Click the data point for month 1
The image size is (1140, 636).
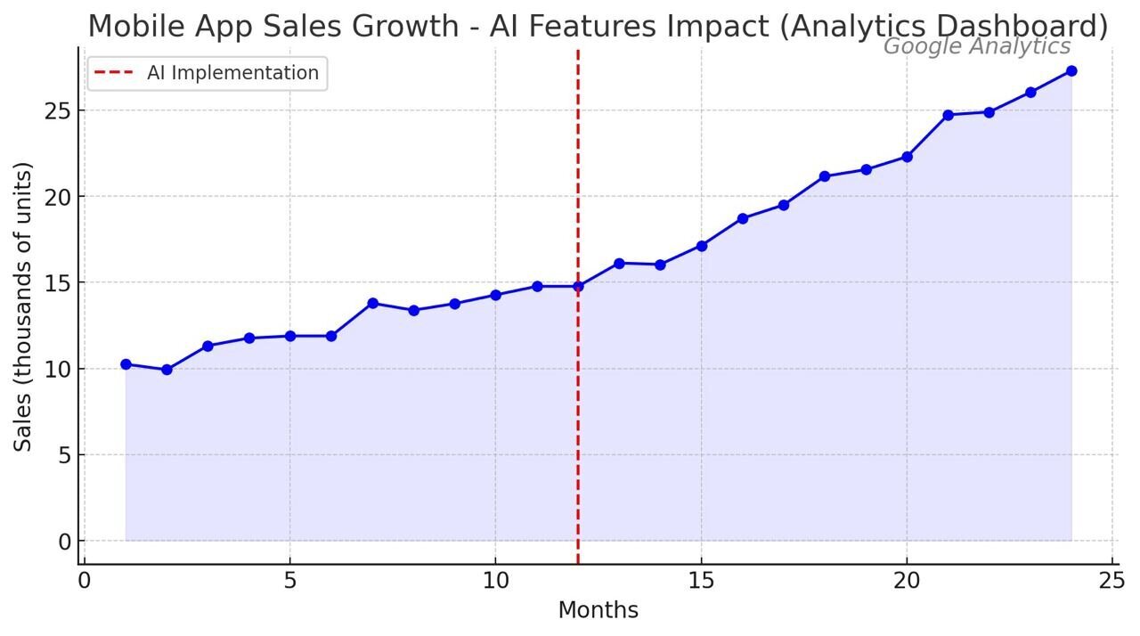click(x=126, y=364)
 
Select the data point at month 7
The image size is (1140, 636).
click(x=372, y=303)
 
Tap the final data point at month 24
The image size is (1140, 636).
click(x=1071, y=70)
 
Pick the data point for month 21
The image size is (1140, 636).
click(x=948, y=115)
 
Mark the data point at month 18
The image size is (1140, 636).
click(x=825, y=176)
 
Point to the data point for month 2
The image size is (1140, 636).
click(x=167, y=370)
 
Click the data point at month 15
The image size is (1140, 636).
click(x=702, y=246)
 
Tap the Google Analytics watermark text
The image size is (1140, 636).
click(x=976, y=47)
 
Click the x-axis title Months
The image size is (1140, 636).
click(x=598, y=610)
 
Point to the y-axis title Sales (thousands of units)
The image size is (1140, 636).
click(x=23, y=306)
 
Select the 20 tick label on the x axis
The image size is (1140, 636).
click(x=907, y=581)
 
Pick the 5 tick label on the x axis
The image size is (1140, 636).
click(x=289, y=581)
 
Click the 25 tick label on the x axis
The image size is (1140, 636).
click(x=1111, y=581)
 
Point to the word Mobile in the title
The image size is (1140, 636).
click(x=130, y=26)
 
